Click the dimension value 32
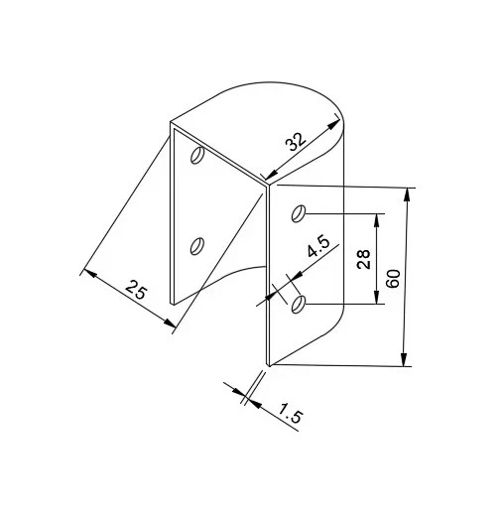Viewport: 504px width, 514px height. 296,142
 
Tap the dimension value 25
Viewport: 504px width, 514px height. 136,289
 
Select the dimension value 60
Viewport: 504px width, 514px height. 394,279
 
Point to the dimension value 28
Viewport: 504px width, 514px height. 363,259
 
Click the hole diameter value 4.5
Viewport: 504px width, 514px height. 318,247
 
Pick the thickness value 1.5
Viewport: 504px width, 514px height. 290,413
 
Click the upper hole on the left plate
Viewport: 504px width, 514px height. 197,155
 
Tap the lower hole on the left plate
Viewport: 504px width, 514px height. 196,246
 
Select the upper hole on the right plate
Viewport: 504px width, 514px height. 299,213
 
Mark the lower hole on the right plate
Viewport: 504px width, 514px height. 298,305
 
